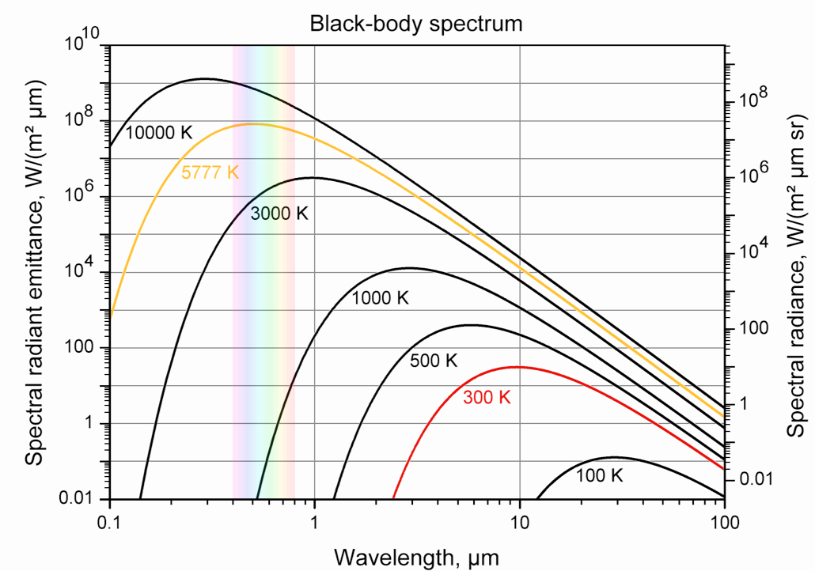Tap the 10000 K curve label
pyautogui.click(x=158, y=132)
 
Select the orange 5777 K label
pyautogui.click(x=210, y=172)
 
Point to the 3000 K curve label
pyautogui.click(x=279, y=214)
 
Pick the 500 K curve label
pyautogui.click(x=434, y=361)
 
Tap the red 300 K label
pyautogui.click(x=487, y=398)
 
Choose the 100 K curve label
pyautogui.click(x=600, y=476)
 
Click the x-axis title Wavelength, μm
pyautogui.click(x=417, y=557)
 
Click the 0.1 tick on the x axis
pyautogui.click(x=109, y=523)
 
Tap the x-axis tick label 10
pyautogui.click(x=519, y=523)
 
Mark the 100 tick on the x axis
pyautogui.click(x=724, y=523)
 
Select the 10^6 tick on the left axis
pyautogui.click(x=77, y=194)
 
